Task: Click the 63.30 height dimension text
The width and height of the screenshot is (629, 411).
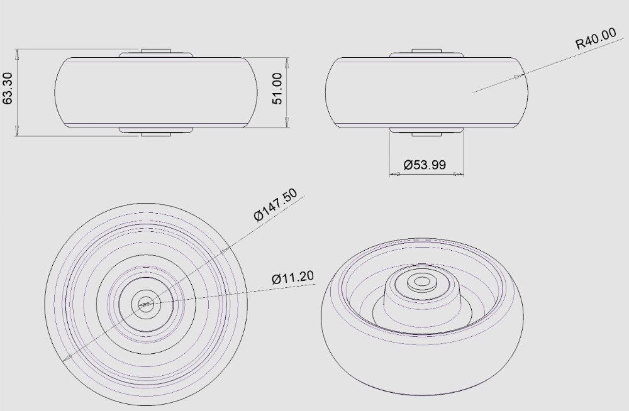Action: tap(8, 89)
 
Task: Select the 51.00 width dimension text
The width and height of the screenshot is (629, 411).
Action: tap(277, 89)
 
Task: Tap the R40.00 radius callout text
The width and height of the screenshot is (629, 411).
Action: tap(596, 39)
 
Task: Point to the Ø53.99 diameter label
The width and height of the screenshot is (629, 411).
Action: tap(425, 165)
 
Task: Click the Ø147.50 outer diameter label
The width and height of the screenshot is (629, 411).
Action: tap(276, 205)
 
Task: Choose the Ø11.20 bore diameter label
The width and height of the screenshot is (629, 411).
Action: tap(293, 277)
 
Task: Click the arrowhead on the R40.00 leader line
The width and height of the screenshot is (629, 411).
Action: tap(518, 77)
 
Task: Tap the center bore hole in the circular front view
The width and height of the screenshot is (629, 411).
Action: tap(145, 305)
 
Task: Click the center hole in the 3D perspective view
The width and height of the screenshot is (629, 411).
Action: tap(421, 280)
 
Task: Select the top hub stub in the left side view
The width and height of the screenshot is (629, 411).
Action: tap(155, 50)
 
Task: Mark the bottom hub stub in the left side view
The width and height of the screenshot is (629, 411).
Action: tap(155, 134)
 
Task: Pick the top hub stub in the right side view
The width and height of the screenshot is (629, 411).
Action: tap(426, 50)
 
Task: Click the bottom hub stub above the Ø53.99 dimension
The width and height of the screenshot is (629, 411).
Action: tap(426, 134)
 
